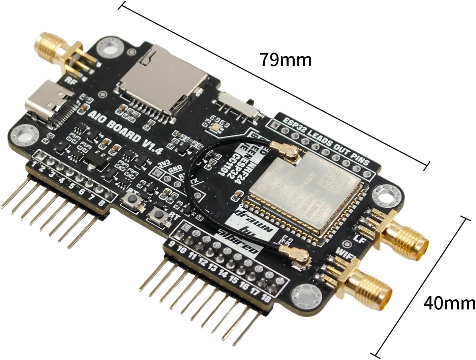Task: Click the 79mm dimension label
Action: [x=285, y=60]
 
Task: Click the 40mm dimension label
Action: [x=449, y=303]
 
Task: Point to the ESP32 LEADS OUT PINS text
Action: [x=326, y=141]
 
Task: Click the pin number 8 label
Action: [x=102, y=203]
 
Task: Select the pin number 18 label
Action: [x=265, y=298]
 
